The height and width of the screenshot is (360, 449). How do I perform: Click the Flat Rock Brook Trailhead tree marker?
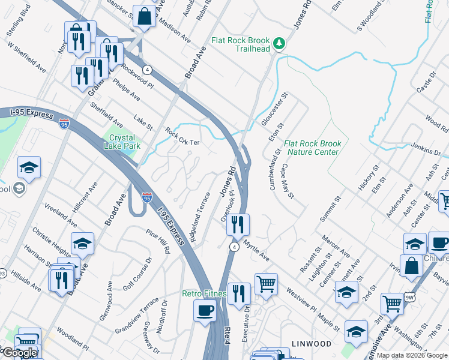[x=278, y=43]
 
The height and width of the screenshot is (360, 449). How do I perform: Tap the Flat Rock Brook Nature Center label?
[x=312, y=148]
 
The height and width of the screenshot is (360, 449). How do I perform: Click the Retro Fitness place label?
[x=203, y=293]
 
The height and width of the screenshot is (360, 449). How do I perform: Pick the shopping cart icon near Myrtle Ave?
[x=266, y=283]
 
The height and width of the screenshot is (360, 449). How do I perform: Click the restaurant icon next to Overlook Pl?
[x=239, y=224]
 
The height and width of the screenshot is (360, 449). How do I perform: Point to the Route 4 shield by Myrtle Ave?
[x=234, y=247]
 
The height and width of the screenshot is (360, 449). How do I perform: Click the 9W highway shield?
[x=409, y=312]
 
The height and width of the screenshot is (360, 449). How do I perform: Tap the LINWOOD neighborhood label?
[x=312, y=344]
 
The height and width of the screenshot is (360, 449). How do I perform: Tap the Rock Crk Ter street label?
[x=182, y=137]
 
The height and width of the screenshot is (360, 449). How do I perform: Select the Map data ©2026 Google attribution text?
[x=412, y=355]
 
